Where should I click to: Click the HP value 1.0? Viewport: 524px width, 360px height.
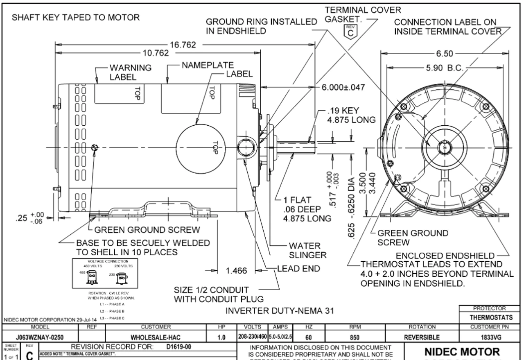[221, 337]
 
